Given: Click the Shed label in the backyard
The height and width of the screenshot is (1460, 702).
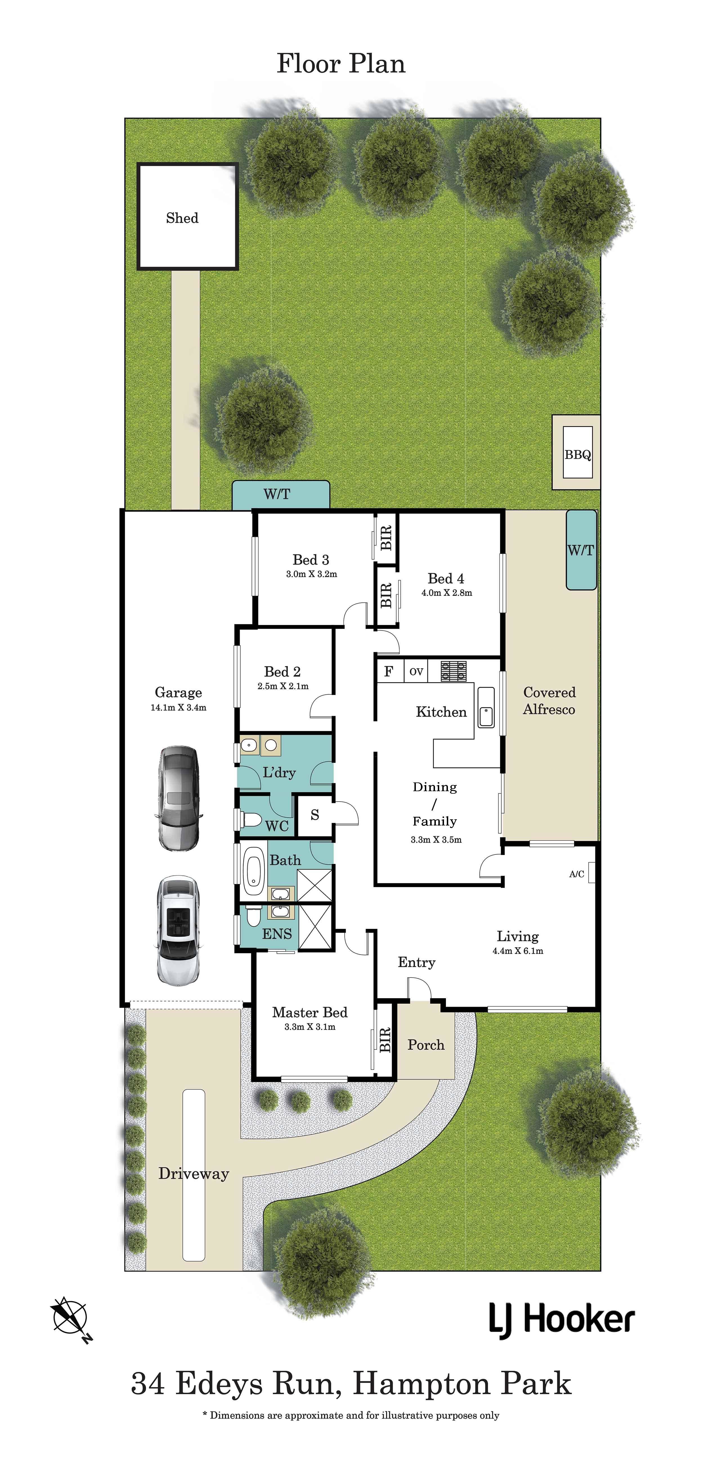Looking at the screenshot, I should point(182,218).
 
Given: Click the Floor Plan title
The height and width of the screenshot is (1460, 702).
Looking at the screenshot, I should point(341,64).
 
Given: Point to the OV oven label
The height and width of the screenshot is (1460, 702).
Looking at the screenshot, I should point(416,672).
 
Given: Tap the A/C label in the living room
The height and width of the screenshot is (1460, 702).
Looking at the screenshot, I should point(577,874).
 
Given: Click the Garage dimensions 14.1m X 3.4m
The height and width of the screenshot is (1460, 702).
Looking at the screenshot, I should point(178,707).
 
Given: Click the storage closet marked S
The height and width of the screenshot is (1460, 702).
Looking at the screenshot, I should point(315,815).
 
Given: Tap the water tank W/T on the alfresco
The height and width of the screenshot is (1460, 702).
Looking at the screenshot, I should point(581,550).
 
